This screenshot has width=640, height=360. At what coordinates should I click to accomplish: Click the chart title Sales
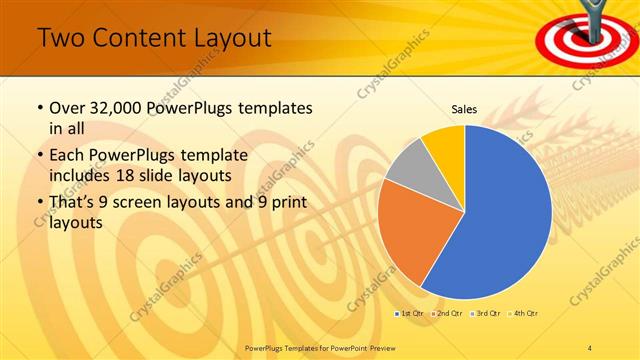pyautogui.click(x=464, y=109)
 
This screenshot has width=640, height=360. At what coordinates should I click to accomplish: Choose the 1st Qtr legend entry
pyautogui.click(x=410, y=314)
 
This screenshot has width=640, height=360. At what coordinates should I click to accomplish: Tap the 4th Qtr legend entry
pyautogui.click(x=526, y=314)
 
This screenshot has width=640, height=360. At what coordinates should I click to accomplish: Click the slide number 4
pyautogui.click(x=591, y=346)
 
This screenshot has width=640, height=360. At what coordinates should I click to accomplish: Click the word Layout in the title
pyautogui.click(x=233, y=39)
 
